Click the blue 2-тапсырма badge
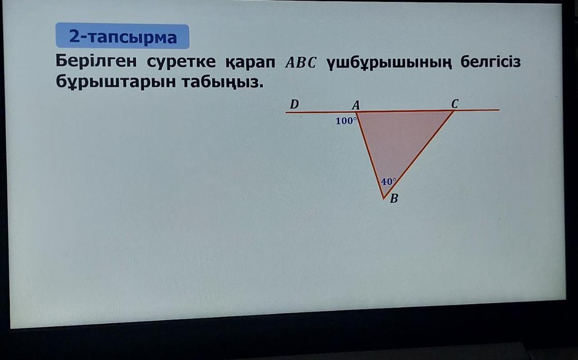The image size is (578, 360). pos(122,36)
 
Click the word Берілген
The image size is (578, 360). pos(96,61)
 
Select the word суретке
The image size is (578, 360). pos(181,61)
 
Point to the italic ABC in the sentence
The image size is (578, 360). pos(301,62)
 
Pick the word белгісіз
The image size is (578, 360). pos(491,61)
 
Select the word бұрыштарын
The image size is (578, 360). pos(116,82)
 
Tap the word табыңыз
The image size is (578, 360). pos(223,82)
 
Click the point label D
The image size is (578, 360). pos(294,104)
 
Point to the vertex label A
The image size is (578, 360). pos(356,105)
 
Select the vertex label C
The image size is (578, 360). pos(455,104)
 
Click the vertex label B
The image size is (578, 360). pos(394,199)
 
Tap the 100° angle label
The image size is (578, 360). pos(346,121)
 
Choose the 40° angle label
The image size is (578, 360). pos(389,182)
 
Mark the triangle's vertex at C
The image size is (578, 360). pos(454,110)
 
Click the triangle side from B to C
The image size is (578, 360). pos(419,155)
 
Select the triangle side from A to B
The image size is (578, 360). pos(370,155)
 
